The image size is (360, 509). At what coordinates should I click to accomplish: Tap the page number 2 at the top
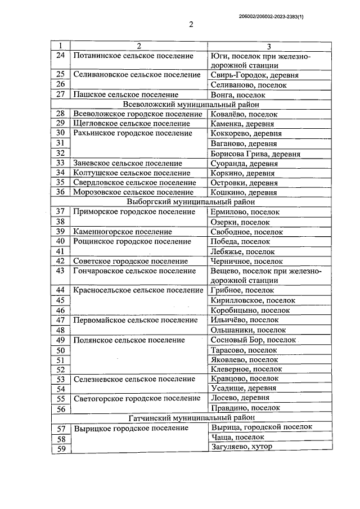pos(191,25)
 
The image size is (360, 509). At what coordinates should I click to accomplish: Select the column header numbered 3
pos(269,46)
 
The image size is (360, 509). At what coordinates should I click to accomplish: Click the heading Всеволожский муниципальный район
pos(190,104)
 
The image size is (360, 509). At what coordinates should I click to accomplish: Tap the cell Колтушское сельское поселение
pos(132,173)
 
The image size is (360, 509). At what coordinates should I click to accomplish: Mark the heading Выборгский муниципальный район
pos(190,201)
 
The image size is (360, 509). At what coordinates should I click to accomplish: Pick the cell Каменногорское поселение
pos(123,231)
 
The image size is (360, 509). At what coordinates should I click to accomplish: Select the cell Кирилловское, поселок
pos(253,300)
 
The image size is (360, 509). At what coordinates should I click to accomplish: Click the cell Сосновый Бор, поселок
pos(253,340)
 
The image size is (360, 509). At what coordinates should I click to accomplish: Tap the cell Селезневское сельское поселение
pos(134,379)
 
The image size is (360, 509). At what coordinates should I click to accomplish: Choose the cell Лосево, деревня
pos(239,398)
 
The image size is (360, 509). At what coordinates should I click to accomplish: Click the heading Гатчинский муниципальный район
pos(190,417)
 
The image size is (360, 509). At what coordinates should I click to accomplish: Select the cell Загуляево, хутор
pos(241,447)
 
